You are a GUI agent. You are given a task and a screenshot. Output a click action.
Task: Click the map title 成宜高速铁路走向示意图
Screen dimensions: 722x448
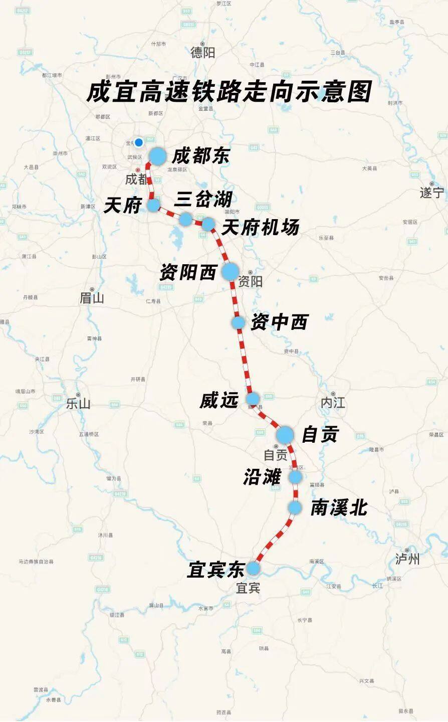coord(229,92)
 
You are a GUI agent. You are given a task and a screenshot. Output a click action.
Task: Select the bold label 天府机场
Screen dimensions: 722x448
coord(260,228)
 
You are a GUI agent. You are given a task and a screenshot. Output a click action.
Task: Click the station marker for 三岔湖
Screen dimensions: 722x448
coord(186,219)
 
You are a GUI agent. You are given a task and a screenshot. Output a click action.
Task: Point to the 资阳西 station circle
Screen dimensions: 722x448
coord(231,271)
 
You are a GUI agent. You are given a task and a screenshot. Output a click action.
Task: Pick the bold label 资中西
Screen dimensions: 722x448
coord(279,322)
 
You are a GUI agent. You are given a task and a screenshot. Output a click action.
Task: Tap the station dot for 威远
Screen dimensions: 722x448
coord(253,399)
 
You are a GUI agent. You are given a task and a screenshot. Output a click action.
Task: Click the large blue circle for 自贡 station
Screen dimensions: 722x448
coord(285,435)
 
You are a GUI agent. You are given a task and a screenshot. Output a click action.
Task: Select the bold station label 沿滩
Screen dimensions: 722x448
coord(262,477)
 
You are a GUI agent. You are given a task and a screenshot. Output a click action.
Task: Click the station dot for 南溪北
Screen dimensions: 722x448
coord(295,508)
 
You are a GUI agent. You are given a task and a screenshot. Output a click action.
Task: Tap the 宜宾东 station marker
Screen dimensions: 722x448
coord(253,568)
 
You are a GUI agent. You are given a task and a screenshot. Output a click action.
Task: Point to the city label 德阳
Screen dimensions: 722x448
coord(203,52)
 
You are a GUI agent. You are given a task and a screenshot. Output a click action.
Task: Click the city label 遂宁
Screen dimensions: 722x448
coord(432,193)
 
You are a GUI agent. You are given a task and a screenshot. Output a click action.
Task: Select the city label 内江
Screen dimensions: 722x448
coord(333,402)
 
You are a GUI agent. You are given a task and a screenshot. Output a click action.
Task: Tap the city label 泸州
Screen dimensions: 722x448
coord(407,559)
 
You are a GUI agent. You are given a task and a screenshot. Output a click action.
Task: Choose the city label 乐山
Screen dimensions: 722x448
coord(78,403)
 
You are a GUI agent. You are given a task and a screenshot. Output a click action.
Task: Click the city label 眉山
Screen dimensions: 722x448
coord(92,298)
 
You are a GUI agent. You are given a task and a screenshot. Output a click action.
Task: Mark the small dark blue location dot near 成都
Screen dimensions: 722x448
coord(139,142)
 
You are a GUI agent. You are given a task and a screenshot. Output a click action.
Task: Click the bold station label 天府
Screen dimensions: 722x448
coord(122,206)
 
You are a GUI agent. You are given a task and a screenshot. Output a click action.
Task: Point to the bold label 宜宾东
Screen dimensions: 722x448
coord(215,570)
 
